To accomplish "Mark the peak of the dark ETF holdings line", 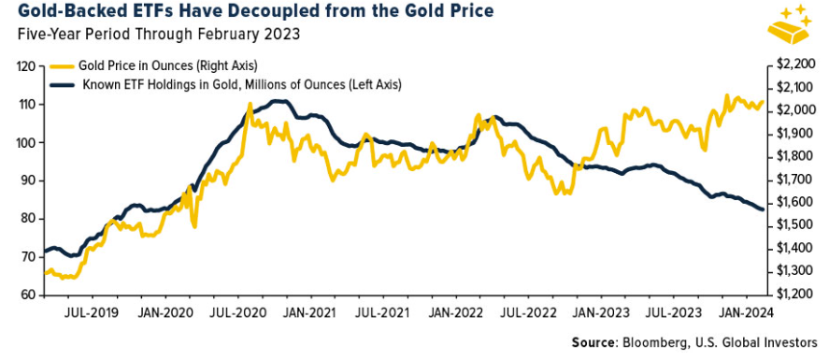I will coord(274,100).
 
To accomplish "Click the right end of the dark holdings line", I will coord(763,209).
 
